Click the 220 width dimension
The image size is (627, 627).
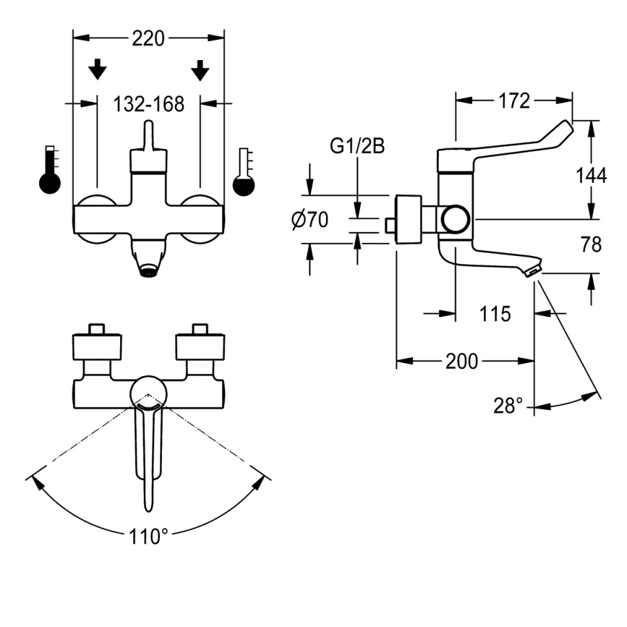[148, 39]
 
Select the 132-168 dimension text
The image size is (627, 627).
[149, 104]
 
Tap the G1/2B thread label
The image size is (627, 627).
[357, 146]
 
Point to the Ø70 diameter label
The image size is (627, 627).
[310, 219]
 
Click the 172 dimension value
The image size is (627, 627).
[514, 101]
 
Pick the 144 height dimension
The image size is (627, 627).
[591, 176]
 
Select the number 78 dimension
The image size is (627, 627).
[591, 244]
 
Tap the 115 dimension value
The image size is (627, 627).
[495, 314]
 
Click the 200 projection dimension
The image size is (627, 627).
[462, 361]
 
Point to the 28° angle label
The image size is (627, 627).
[508, 406]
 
